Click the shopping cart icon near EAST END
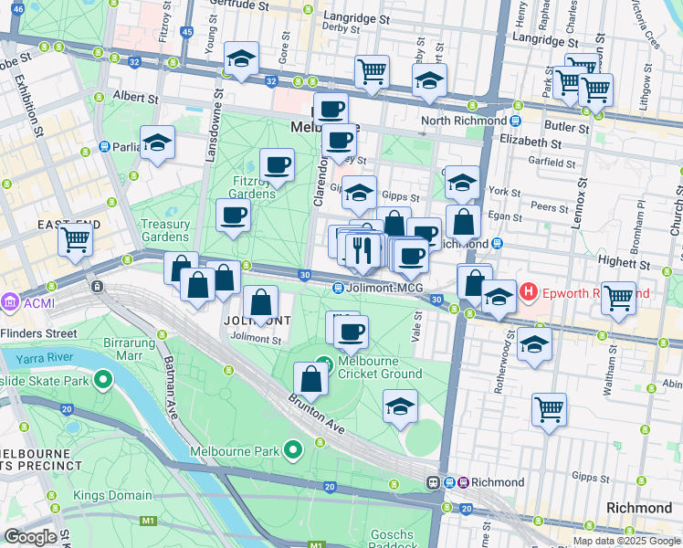76,240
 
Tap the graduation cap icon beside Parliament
158,143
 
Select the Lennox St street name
579,190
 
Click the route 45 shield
186,32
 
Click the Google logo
30,536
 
